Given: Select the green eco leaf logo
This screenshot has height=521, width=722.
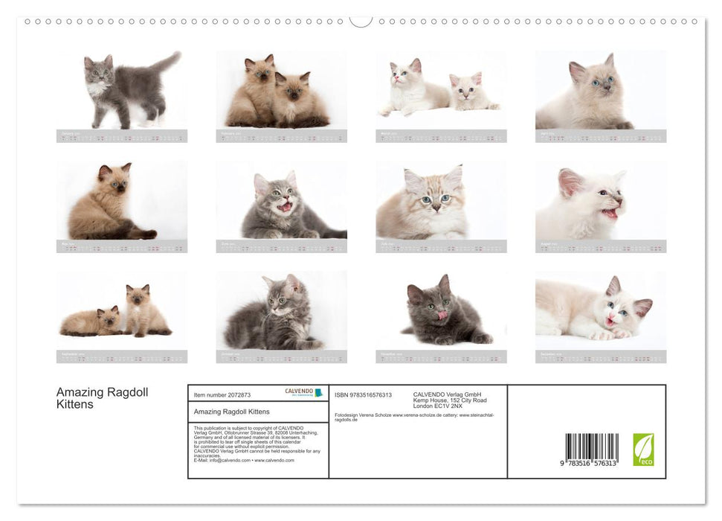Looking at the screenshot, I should pyautogui.click(x=643, y=450).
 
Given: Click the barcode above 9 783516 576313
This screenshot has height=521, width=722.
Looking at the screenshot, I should pyautogui.click(x=591, y=447).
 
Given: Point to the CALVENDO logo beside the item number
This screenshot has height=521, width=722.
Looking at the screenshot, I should pyautogui.click(x=303, y=392).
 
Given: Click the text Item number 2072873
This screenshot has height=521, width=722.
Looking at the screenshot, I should pyautogui.click(x=222, y=395).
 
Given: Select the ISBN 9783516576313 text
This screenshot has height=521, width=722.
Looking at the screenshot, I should pyautogui.click(x=363, y=395).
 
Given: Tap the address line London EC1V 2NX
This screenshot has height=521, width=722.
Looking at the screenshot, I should pyautogui.click(x=438, y=406).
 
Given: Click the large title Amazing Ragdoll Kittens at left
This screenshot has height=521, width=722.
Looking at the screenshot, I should pyautogui.click(x=103, y=398).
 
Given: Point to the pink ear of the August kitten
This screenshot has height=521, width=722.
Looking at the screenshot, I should pyautogui.click(x=570, y=182).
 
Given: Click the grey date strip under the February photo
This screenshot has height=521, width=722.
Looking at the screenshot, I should pyautogui.click(x=281, y=136).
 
